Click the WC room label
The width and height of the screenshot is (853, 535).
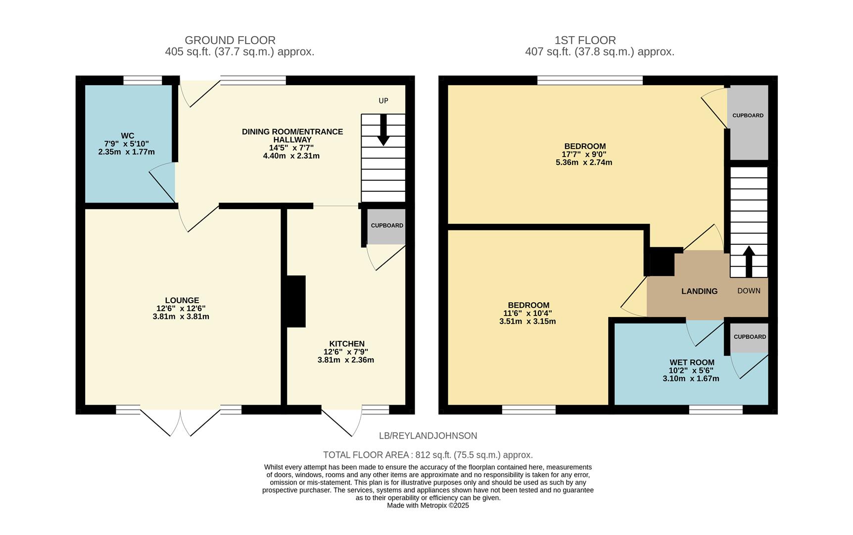pyautogui.click(x=127, y=136)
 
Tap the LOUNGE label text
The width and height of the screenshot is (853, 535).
pyautogui.click(x=182, y=300)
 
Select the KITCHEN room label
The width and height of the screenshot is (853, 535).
pyautogui.click(x=346, y=344)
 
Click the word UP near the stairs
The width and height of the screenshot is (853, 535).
pyautogui.click(x=383, y=101)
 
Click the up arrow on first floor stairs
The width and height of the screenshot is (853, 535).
pyautogui.click(x=749, y=260)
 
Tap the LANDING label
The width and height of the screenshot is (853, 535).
pyautogui.click(x=699, y=291)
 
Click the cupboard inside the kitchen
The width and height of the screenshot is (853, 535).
pyautogui.click(x=386, y=226)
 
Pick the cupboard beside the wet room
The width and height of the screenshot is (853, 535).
pyautogui.click(x=749, y=337)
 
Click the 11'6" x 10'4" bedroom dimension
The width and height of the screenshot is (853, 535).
pyautogui.click(x=527, y=313)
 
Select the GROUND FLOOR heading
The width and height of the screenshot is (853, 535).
pyautogui.click(x=230, y=40)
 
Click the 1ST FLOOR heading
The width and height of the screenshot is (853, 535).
pyautogui.click(x=585, y=40)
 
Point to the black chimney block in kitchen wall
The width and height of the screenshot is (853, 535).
pyautogui.click(x=295, y=301)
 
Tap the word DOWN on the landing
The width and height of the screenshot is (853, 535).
pyautogui.click(x=749, y=291)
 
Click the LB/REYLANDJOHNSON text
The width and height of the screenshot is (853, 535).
pyautogui.click(x=427, y=436)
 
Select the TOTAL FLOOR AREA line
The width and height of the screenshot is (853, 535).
pyautogui.click(x=427, y=455)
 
